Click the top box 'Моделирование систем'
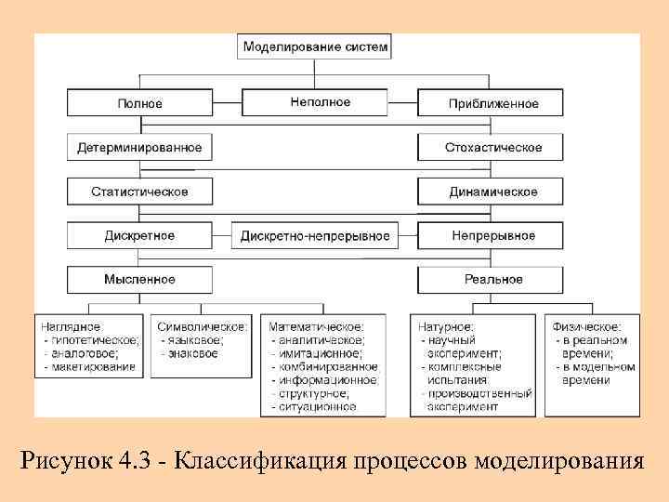(x=316, y=46)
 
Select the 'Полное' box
(x=139, y=103)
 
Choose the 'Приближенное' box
(x=492, y=103)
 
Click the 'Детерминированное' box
(x=139, y=147)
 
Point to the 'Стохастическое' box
(x=492, y=147)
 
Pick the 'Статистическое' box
(x=139, y=192)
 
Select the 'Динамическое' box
(x=492, y=192)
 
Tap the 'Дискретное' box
(x=139, y=235)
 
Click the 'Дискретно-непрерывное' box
(x=315, y=236)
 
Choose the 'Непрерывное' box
(x=492, y=235)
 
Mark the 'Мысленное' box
(x=139, y=279)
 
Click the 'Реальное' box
(x=492, y=279)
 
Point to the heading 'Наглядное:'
(x=72, y=327)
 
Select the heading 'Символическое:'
(x=202, y=327)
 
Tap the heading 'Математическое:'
(x=317, y=327)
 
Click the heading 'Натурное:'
(x=447, y=327)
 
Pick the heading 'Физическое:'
(x=586, y=327)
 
